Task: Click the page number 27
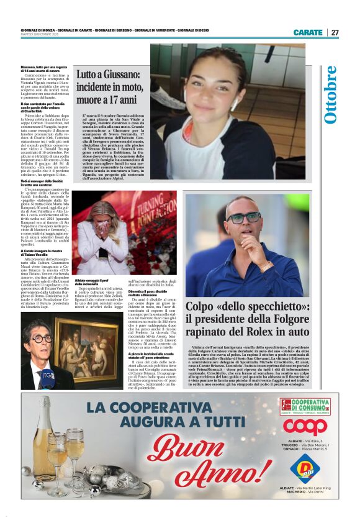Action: [x=335, y=32]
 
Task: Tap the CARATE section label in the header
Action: [x=308, y=32]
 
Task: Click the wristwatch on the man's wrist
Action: [x=266, y=266]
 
